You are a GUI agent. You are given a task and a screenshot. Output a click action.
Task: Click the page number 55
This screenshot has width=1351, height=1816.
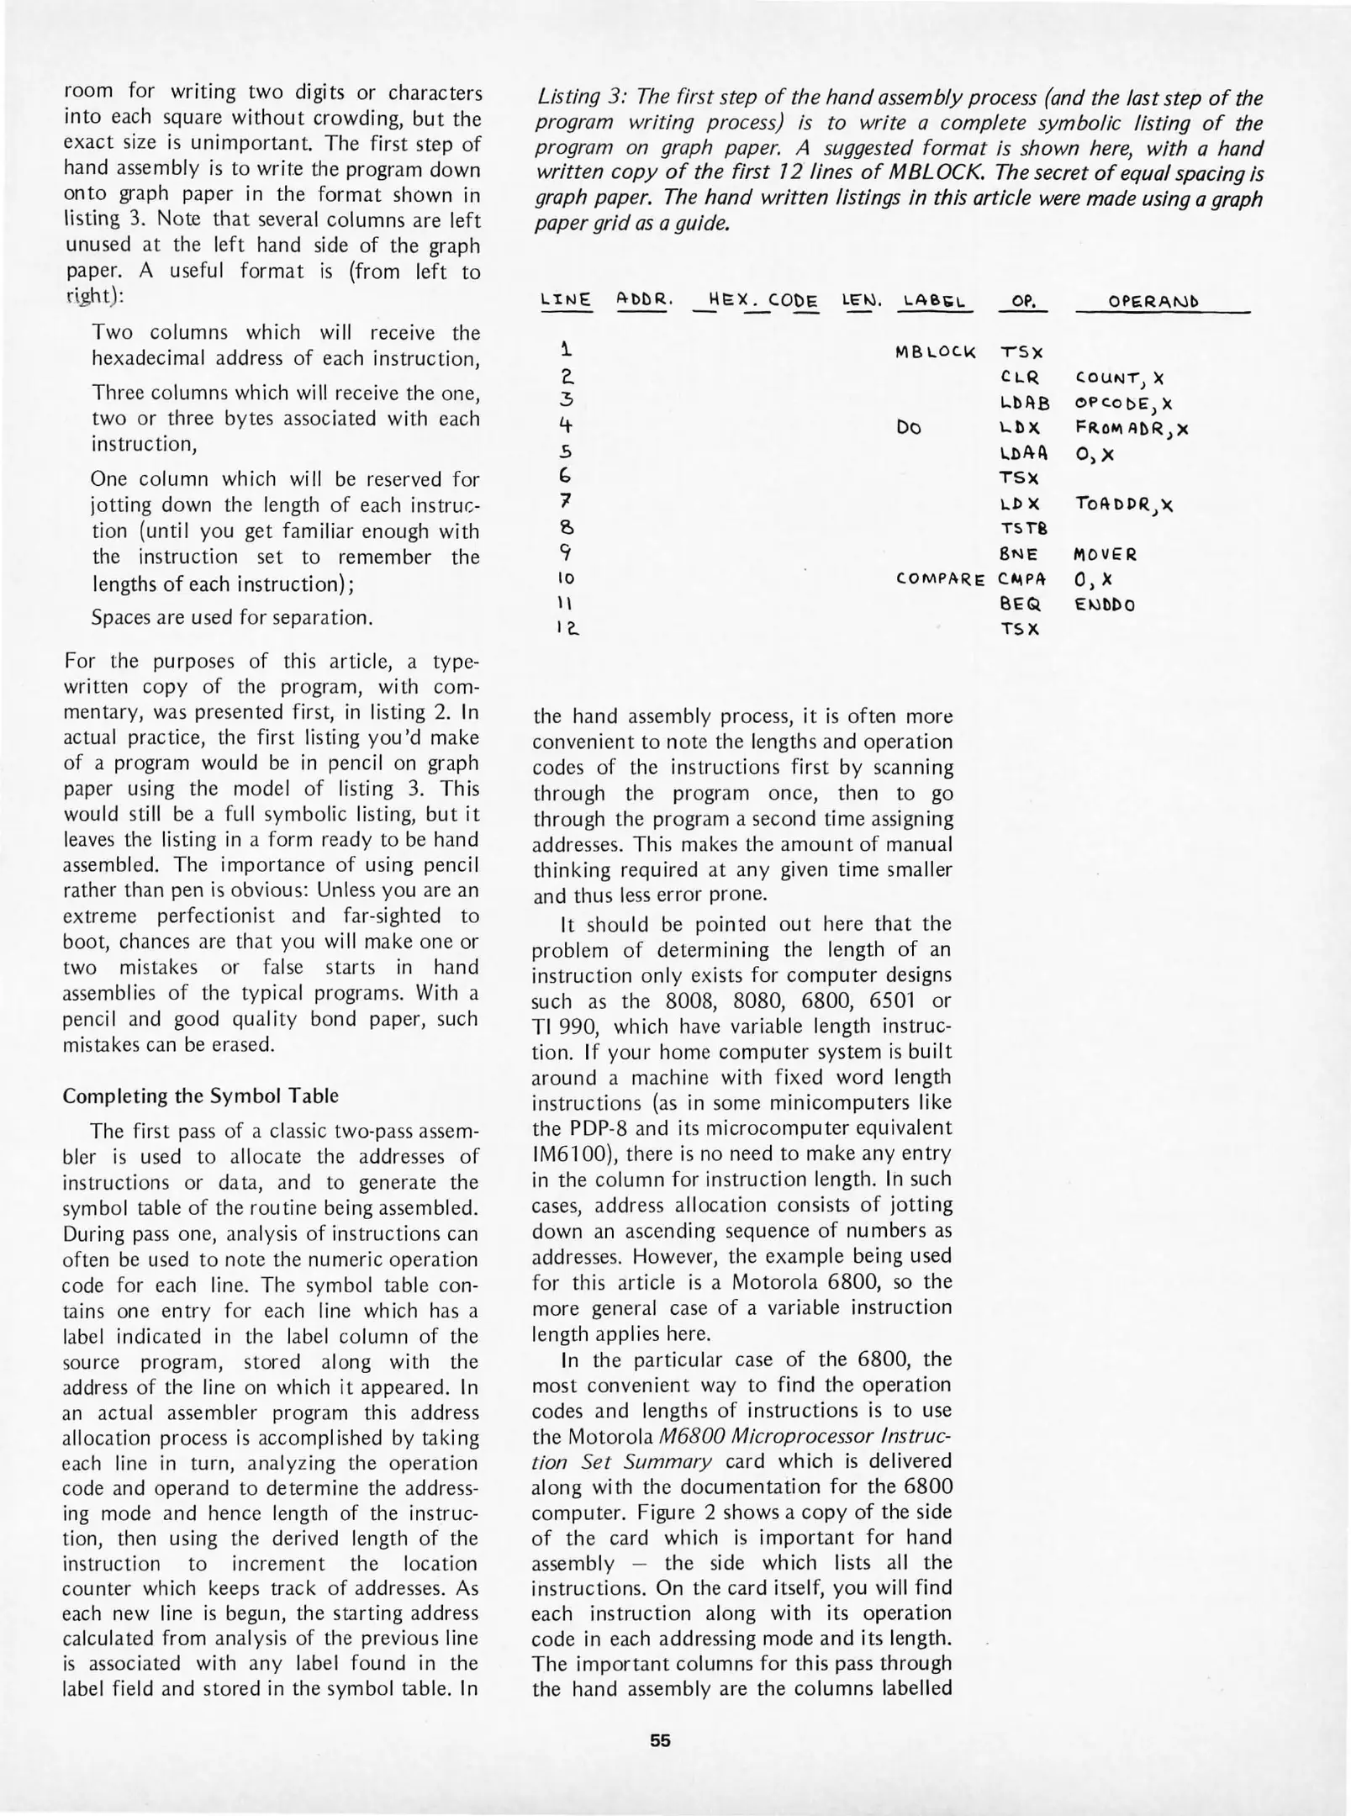[660, 1740]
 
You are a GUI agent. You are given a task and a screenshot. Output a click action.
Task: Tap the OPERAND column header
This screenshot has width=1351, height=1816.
[1153, 302]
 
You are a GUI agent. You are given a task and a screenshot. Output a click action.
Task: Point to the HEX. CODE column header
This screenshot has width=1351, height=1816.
[763, 300]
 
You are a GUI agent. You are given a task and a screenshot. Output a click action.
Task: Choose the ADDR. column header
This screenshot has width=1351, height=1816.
[642, 299]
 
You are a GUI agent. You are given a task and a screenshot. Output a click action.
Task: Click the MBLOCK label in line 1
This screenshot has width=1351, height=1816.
[936, 352]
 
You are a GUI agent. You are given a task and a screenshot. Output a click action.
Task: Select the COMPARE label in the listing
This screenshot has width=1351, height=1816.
[941, 579]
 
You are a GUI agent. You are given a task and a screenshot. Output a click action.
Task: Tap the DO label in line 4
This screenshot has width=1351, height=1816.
[909, 428]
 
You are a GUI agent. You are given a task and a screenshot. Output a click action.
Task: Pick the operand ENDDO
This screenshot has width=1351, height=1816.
[1105, 604]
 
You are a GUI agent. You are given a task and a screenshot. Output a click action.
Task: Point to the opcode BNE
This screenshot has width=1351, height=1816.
[1019, 555]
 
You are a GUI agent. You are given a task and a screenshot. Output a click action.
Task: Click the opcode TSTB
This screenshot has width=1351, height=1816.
[1023, 529]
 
